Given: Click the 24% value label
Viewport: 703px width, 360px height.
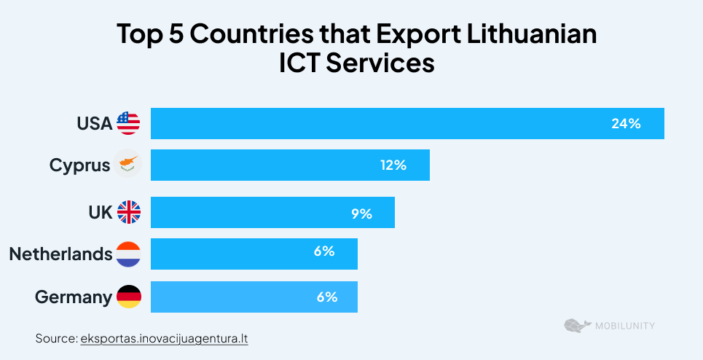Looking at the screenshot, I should click(626, 124).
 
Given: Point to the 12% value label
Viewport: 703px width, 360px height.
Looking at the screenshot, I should click(393, 165).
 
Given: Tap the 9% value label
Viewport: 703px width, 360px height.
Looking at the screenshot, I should click(361, 214).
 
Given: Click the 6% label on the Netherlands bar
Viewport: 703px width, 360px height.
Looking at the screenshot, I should click(324, 251).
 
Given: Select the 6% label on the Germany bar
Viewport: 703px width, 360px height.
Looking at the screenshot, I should click(327, 297).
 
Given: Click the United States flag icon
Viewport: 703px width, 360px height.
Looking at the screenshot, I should click(128, 123).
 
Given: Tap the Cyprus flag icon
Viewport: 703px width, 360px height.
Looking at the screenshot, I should click(128, 165).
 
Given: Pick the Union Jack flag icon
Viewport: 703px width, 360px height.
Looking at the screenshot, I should click(128, 212).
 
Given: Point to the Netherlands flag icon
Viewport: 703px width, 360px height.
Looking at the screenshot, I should click(128, 254).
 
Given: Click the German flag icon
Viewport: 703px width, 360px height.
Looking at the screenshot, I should click(128, 297).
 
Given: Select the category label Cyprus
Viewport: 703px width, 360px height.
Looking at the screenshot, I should click(79, 165).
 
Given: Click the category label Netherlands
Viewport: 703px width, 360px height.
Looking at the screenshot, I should click(60, 254).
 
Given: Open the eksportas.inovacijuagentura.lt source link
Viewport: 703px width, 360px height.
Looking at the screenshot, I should click(165, 339).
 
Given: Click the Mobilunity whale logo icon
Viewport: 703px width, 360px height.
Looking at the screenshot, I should click(576, 326).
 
